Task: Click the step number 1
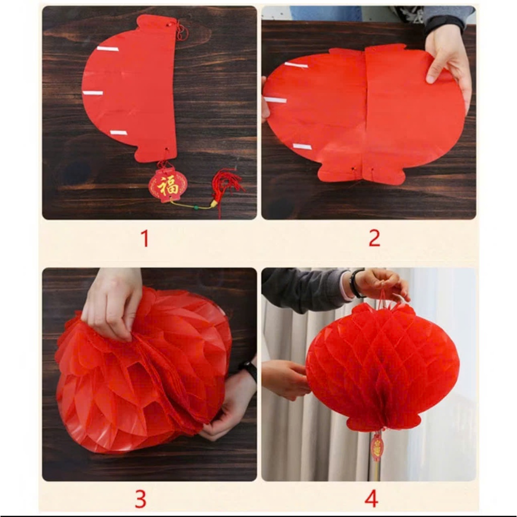tap(144, 238)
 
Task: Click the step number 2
tap(374, 238)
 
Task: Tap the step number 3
tap(140, 499)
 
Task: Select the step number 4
tap(371, 498)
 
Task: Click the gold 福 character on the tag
tap(168, 186)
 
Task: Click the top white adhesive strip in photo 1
tap(108, 49)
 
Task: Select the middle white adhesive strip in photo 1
tap(93, 93)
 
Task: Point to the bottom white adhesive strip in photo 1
tap(119, 133)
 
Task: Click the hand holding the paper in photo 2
tap(448, 63)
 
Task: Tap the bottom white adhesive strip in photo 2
tap(302, 146)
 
